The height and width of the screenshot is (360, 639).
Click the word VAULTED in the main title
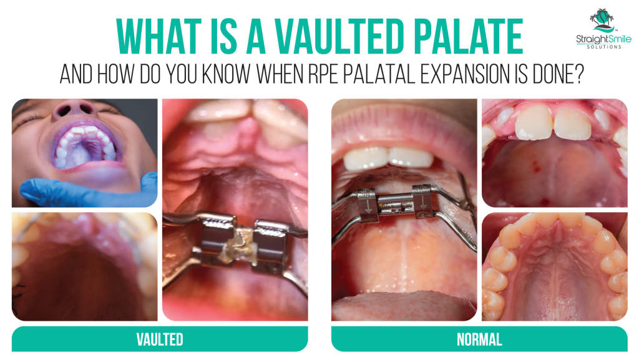coord(339,37)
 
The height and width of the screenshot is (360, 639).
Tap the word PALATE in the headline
coord(469,37)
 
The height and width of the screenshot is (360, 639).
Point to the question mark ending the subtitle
coord(578,74)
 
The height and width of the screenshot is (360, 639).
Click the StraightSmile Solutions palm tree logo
coord(602,21)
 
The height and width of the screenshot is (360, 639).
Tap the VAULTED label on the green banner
coord(160,339)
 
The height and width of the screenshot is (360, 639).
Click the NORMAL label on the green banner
coord(479,339)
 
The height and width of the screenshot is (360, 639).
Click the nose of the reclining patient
coord(75,109)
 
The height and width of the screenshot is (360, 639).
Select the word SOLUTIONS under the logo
coord(604,47)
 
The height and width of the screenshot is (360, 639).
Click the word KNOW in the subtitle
coord(226,74)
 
